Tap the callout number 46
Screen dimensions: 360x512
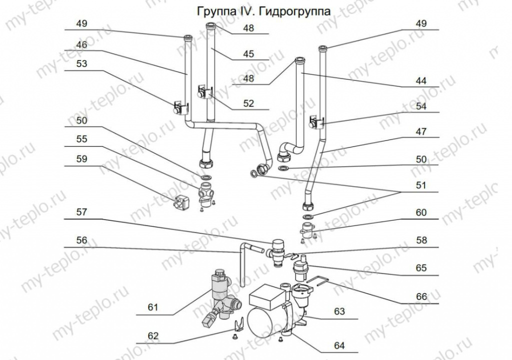click(x=81, y=44)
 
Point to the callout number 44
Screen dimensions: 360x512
click(x=421, y=80)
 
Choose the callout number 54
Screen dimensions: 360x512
click(x=421, y=106)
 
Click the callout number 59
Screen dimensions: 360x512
click(x=81, y=159)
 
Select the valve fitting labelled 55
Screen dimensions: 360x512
click(x=205, y=194)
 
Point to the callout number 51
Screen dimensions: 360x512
click(x=421, y=185)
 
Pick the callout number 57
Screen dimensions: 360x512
click(x=81, y=212)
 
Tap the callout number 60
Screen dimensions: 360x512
click(x=421, y=212)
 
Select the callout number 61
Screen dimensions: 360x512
click(x=152, y=307)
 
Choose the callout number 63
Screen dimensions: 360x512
click(x=339, y=312)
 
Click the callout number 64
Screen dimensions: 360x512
click(x=339, y=345)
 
